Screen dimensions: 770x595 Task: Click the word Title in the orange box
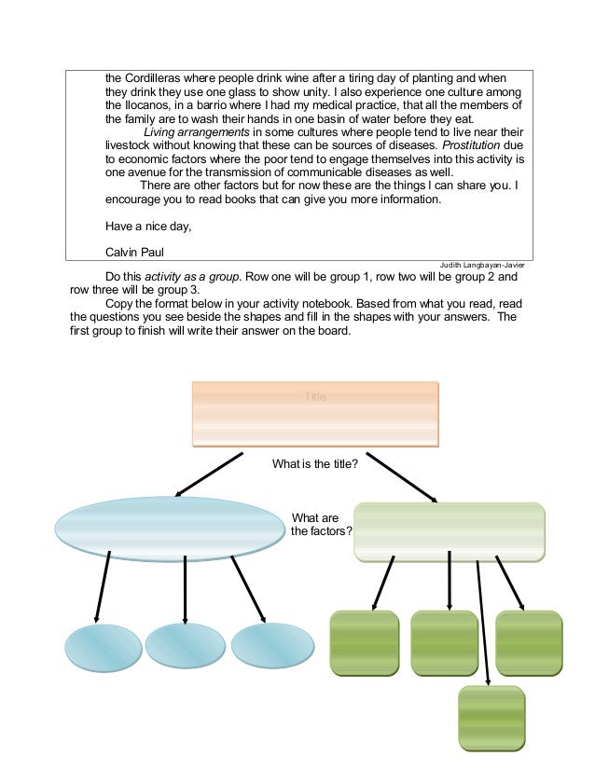tap(316, 397)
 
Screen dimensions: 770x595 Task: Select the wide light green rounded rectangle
tap(450, 531)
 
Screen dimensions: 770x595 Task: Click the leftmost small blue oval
tap(100, 647)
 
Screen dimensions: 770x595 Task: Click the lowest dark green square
tap(491, 719)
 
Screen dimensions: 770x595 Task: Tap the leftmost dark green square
tap(365, 643)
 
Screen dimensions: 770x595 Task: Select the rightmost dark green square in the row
tap(529, 643)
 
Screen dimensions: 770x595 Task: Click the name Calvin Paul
tap(135, 254)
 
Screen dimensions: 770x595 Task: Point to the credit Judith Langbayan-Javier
tap(481, 266)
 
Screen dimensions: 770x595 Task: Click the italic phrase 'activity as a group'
tap(190, 277)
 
